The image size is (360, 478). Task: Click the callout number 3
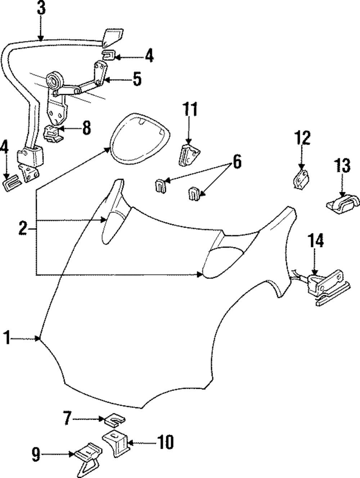pyautogui.click(x=41, y=8)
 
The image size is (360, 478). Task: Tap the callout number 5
pyautogui.click(x=137, y=79)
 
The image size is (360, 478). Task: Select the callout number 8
pyautogui.click(x=86, y=128)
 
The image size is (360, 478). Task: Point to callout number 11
pyautogui.click(x=190, y=109)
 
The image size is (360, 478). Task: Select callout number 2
pyautogui.click(x=23, y=229)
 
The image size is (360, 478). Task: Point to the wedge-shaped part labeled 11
pyautogui.click(x=189, y=155)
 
